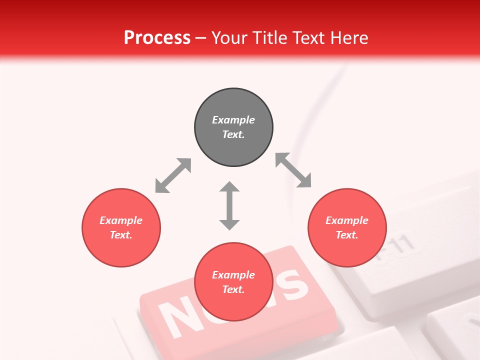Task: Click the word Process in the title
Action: tap(157, 38)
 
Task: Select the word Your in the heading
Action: tap(228, 38)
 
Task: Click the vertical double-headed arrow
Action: tap(229, 205)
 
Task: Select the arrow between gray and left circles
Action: tap(173, 175)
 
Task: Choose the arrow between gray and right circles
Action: tap(293, 170)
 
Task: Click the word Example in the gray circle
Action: tap(233, 120)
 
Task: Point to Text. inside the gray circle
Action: tap(233, 134)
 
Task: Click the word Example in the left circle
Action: tap(121, 220)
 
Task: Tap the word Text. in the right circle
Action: tap(347, 235)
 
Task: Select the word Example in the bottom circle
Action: tap(233, 275)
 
